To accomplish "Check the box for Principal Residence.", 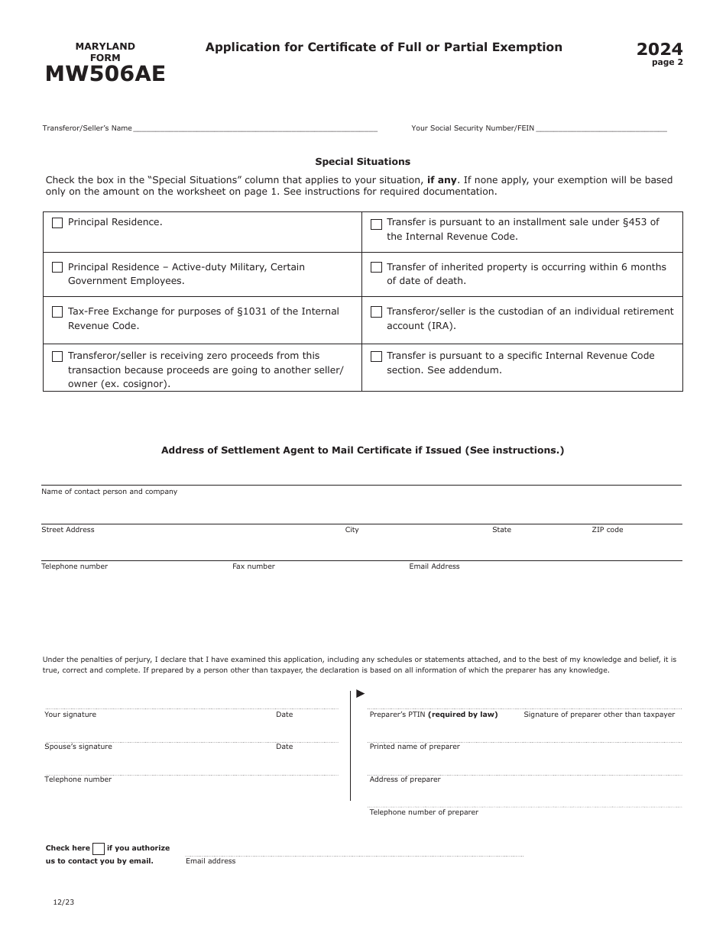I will pos(57,223).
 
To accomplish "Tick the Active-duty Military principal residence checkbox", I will pos(57,267).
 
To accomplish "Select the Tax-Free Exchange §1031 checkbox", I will pos(57,311).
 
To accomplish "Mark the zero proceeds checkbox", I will pos(57,357).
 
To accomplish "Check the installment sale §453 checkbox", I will pos(376,224).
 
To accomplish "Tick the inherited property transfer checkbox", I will pos(376,267).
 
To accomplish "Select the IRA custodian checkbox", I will pos(376,311).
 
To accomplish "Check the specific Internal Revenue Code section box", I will pos(376,357).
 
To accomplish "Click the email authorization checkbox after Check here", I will pos(99,848).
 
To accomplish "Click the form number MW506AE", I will pos(105,74).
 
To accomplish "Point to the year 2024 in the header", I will pos(660,50).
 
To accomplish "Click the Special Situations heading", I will pos(362,162).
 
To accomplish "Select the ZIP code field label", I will pos(607,530).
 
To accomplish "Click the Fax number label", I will pos(254,566).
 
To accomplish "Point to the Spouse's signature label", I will pos(78,747).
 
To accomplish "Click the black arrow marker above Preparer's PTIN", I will pos(361,693).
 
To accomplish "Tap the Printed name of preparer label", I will pos(414,747).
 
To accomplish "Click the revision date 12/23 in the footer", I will pos(63,902).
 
